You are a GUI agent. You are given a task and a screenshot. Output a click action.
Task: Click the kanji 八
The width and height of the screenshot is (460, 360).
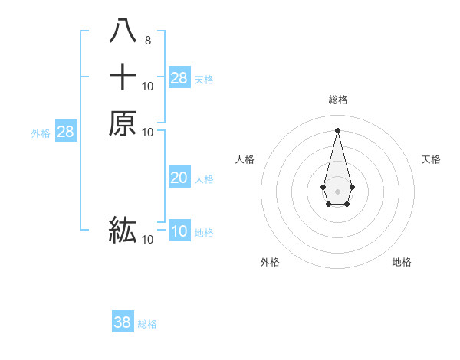pos(123,31)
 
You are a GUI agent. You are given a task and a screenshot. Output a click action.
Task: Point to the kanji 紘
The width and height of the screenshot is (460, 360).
pos(123,229)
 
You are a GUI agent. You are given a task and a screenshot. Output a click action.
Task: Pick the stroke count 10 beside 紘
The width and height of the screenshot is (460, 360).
pos(147,240)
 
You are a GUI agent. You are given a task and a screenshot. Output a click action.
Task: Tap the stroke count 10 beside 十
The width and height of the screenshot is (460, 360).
pos(147,87)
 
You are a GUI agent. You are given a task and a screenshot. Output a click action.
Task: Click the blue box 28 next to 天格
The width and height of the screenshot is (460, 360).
pos(179,77)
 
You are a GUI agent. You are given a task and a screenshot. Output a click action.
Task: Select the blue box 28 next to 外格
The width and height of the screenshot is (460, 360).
pos(65,132)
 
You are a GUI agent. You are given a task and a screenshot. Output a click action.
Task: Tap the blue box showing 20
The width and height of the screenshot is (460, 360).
pos(179,178)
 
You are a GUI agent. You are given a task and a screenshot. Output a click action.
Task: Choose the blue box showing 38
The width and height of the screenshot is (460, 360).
pos(123,322)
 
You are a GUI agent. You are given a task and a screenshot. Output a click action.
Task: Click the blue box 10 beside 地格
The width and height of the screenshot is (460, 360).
pos(179,231)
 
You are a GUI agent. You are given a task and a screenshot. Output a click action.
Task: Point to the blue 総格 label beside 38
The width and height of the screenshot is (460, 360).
pos(147,324)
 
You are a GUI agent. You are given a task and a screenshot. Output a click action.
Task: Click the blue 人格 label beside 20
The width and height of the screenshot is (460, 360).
pos(204,179)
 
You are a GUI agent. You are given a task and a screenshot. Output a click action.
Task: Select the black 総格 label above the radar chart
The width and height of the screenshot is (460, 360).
pos(337,100)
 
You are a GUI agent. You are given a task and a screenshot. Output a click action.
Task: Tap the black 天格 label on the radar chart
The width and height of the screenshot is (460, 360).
pos(431,159)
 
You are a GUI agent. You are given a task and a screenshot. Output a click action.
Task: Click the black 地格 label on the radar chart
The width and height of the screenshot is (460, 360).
pos(402,262)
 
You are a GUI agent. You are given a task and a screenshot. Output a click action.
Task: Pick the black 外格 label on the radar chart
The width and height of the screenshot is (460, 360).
pos(270,262)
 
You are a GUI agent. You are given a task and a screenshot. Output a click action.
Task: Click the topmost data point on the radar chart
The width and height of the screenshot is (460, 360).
pos(337,130)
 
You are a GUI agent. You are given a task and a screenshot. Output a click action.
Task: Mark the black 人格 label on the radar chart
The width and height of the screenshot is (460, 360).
pos(245,159)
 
